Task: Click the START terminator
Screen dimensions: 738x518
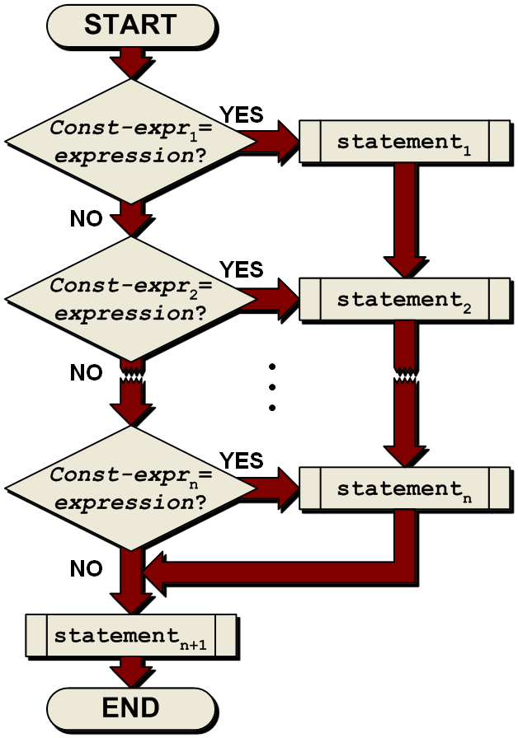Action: [130, 25]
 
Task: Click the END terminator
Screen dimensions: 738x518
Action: [130, 708]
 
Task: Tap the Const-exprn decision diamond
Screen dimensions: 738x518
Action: [131, 488]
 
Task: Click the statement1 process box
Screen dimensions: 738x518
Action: [404, 142]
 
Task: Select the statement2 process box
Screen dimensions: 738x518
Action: [404, 300]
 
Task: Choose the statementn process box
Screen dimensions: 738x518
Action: [404, 488]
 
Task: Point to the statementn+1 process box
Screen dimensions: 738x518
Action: [131, 636]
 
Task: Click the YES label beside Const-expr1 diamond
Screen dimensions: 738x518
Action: [241, 114]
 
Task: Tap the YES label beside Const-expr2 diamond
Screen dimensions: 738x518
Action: [241, 269]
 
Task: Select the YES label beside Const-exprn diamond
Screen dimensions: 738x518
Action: [241, 460]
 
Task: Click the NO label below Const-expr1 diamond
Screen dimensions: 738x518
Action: [86, 218]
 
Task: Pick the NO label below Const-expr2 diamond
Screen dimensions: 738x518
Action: [86, 373]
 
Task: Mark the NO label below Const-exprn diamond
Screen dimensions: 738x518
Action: [86, 569]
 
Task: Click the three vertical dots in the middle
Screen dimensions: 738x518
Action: [271, 386]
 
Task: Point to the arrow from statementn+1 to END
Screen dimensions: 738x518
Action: [131, 671]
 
